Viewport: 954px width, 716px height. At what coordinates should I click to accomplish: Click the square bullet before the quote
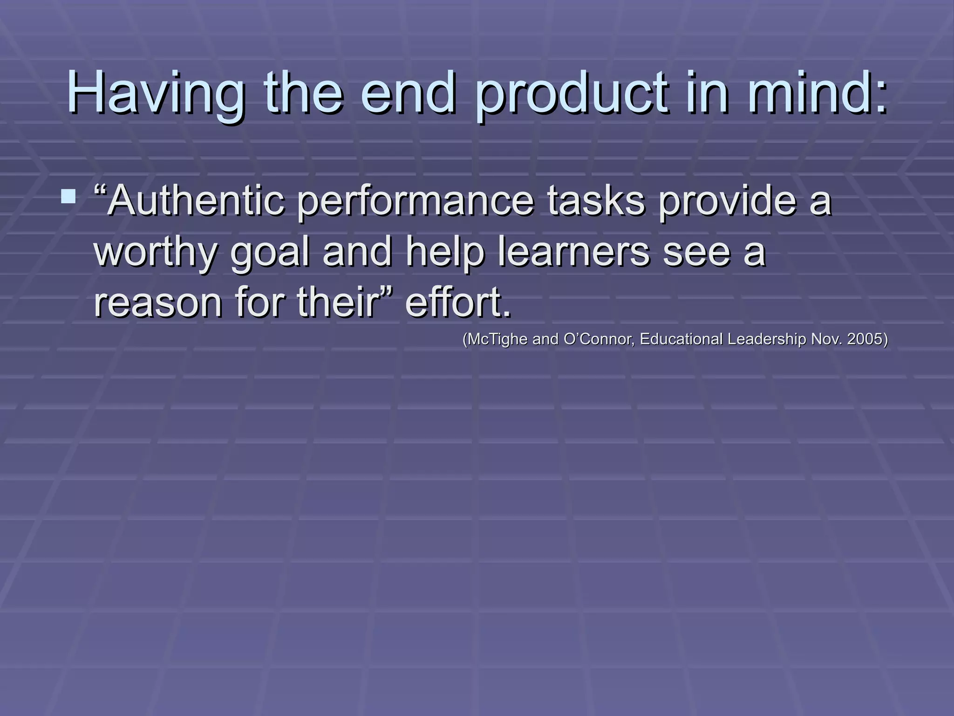pos(68,196)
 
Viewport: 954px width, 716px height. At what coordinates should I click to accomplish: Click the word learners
pos(573,252)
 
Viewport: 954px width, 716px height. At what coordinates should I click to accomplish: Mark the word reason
pos(158,303)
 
